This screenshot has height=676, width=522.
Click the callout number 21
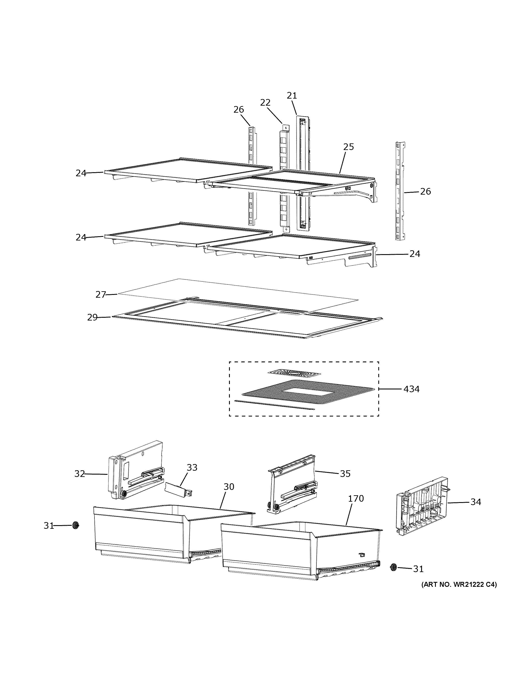(292, 96)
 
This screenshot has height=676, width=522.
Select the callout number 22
(265, 102)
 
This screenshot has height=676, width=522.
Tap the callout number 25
(348, 147)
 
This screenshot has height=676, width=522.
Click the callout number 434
(411, 389)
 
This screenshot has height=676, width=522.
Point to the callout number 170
(356, 499)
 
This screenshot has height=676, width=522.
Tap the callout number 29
(92, 318)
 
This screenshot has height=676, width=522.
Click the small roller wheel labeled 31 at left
(75, 525)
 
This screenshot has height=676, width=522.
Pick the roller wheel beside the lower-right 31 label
(393, 567)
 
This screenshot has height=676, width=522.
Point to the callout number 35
(345, 474)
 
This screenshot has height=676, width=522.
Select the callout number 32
(80, 474)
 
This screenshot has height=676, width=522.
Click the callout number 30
(229, 487)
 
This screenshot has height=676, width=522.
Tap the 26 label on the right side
(425, 192)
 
